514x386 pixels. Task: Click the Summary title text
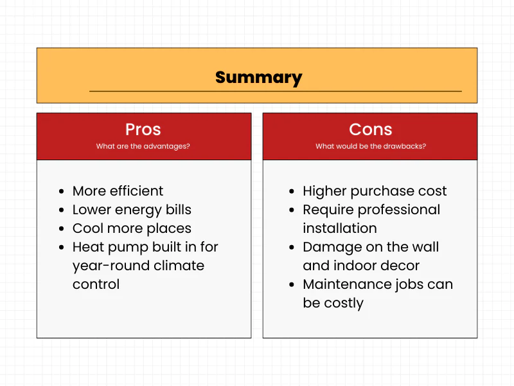[258, 78]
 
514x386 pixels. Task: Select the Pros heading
[143, 129]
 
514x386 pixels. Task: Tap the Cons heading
[370, 129]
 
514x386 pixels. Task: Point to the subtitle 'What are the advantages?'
[143, 146]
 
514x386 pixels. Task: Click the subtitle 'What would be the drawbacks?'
[370, 146]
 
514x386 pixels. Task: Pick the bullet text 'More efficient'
[118, 191]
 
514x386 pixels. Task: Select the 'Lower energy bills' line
[132, 210]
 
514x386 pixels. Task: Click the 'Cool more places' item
[132, 228]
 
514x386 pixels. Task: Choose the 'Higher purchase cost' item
[375, 191]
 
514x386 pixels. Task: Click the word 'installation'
[340, 228]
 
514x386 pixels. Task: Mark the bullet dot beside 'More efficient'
[61, 192]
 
